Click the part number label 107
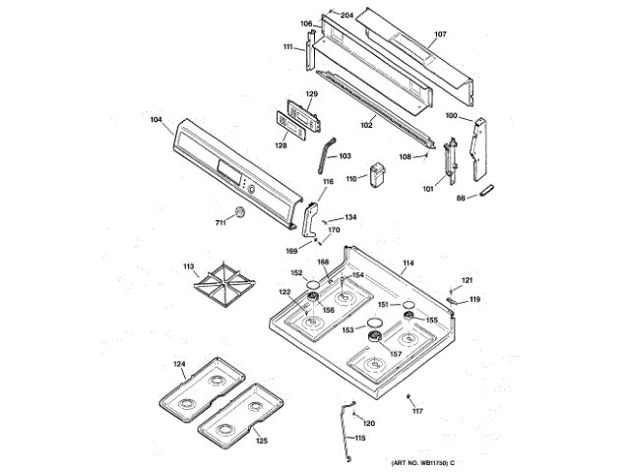point(440,35)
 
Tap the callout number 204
point(346,15)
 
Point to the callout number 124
point(179,365)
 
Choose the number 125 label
point(262,441)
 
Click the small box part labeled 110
point(377,175)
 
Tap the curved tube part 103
point(323,155)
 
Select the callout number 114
point(408,264)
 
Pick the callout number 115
point(359,438)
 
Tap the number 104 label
point(156,121)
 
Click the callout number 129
point(311,94)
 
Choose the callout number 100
point(452,116)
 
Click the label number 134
point(350,217)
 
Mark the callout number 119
point(474,299)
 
